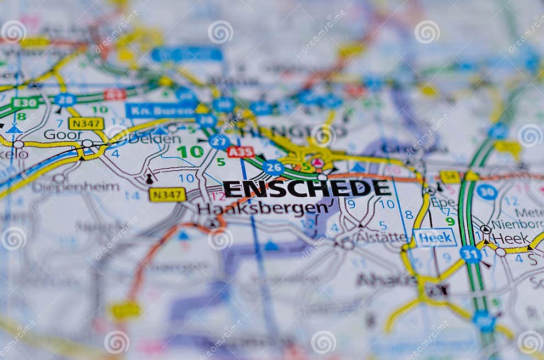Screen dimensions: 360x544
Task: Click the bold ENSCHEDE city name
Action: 307,188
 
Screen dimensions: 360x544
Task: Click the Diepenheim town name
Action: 75,187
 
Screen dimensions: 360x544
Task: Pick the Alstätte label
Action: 381,237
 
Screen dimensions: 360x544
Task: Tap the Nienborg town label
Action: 517,224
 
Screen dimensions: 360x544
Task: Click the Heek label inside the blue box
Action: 435,237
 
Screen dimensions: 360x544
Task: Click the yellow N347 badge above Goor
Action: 86,123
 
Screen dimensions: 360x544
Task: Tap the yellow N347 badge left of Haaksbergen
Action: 167,195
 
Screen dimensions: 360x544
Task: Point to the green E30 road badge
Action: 25,102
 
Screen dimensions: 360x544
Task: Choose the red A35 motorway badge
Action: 241,152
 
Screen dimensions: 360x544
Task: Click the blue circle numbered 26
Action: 273,167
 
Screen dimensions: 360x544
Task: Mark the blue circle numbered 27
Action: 219,142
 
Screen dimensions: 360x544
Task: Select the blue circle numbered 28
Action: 65,100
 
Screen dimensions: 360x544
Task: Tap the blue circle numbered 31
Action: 471,254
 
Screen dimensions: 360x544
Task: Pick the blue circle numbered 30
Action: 486,191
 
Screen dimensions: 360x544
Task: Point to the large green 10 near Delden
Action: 190,152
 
